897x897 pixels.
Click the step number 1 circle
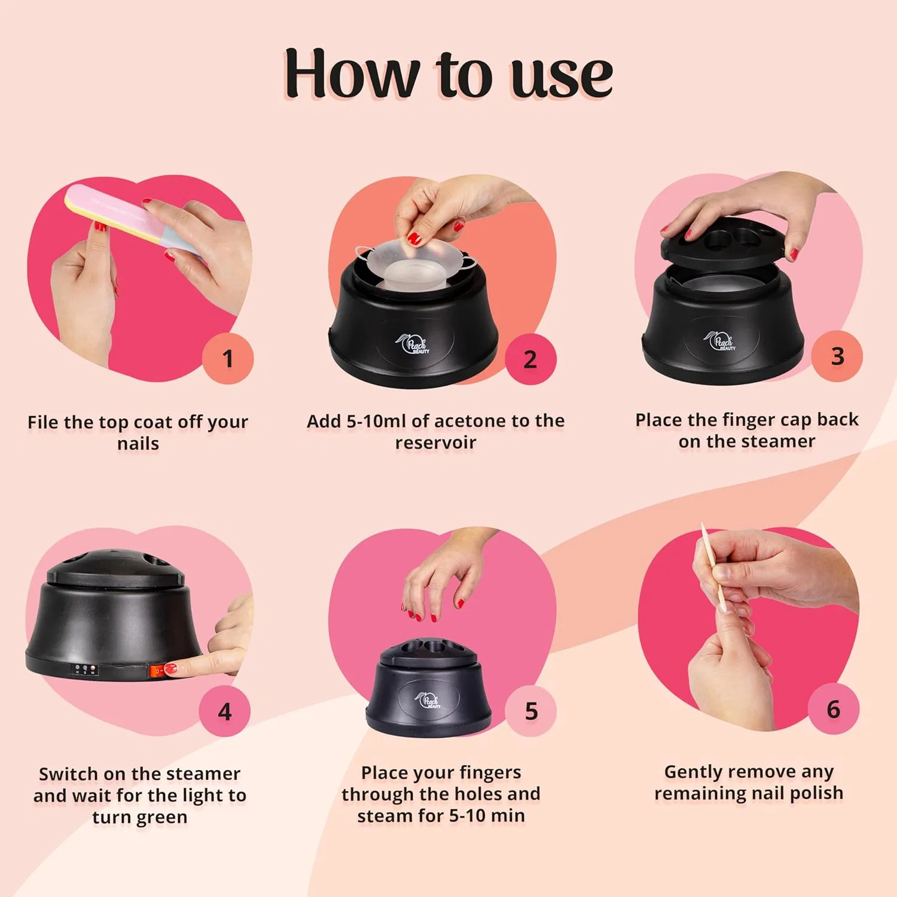pyautogui.click(x=228, y=358)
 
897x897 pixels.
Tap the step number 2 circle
pyautogui.click(x=530, y=359)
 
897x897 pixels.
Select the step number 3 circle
pyautogui.click(x=837, y=356)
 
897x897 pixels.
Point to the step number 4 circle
pyautogui.click(x=225, y=711)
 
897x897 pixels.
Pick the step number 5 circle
pyautogui.click(x=531, y=710)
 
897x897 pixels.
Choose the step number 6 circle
pyautogui.click(x=834, y=709)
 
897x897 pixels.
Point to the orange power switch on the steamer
pyautogui.click(x=159, y=672)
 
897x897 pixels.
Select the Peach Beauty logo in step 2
pyautogui.click(x=412, y=343)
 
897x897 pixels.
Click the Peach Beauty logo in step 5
pyautogui.click(x=428, y=700)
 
